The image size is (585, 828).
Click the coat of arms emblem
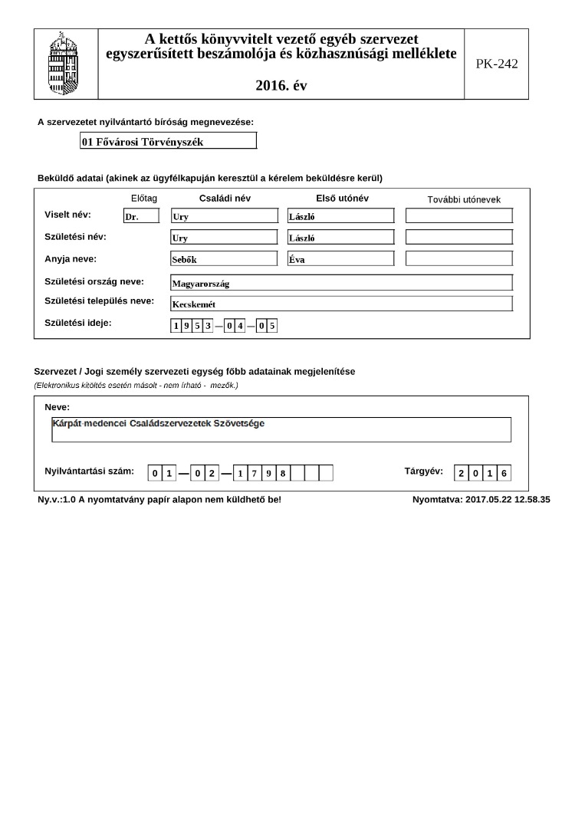pyautogui.click(x=64, y=64)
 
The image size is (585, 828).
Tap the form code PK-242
pyautogui.click(x=496, y=64)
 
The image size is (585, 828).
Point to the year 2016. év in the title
pyautogui.click(x=281, y=86)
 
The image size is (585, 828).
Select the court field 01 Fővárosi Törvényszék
pyautogui.click(x=169, y=141)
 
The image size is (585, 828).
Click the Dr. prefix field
pyautogui.click(x=141, y=216)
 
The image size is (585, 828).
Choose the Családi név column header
pyautogui.click(x=225, y=199)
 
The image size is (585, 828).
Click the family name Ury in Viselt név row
pyautogui.click(x=224, y=216)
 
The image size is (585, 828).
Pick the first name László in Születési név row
pyautogui.click(x=340, y=238)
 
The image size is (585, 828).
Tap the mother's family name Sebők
pyautogui.click(x=224, y=259)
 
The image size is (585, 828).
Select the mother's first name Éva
pyautogui.click(x=340, y=259)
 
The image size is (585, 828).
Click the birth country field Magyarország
pyautogui.click(x=341, y=283)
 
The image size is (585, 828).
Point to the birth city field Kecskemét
pyautogui.click(x=341, y=304)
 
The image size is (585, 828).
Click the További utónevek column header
pyautogui.click(x=463, y=199)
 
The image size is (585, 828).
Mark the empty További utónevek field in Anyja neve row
pyautogui.click(x=458, y=258)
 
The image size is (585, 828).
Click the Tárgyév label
pyautogui.click(x=423, y=472)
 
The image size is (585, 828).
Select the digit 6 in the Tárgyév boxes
pyautogui.click(x=503, y=473)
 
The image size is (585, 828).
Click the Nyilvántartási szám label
pyautogui.click(x=89, y=472)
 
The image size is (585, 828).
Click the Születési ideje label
pyautogui.click(x=78, y=323)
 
